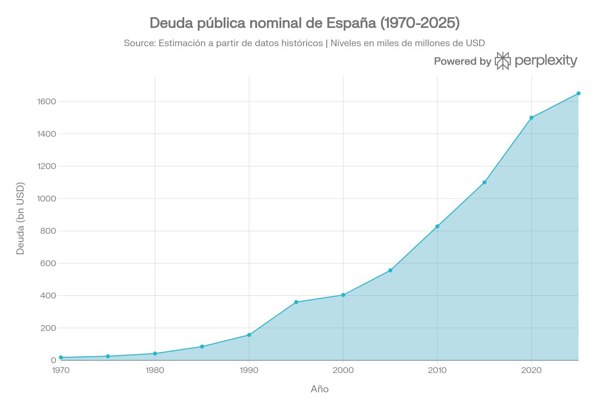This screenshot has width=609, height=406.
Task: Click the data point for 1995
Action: (296, 302)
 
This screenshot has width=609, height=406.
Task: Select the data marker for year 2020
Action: (531, 118)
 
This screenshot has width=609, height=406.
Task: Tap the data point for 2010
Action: (437, 226)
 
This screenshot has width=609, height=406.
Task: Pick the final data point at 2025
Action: (578, 93)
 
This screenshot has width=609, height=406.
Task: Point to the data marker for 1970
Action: (61, 357)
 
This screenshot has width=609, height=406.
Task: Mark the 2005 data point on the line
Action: (390, 270)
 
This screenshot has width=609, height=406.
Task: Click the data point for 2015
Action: (484, 182)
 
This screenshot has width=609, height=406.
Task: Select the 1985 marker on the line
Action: (202, 347)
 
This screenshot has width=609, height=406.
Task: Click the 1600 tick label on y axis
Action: (46, 101)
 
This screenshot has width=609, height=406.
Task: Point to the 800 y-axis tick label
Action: (48, 231)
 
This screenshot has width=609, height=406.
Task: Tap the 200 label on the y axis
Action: (48, 328)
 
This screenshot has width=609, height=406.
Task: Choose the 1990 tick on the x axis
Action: (249, 370)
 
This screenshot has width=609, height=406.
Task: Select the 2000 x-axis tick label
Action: (343, 370)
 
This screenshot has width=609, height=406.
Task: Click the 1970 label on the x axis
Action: (61, 370)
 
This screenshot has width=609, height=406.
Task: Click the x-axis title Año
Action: (319, 389)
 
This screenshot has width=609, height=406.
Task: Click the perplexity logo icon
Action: (502, 61)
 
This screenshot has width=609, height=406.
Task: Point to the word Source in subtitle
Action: (139, 43)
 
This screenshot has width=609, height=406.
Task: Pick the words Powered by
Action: (462, 61)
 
